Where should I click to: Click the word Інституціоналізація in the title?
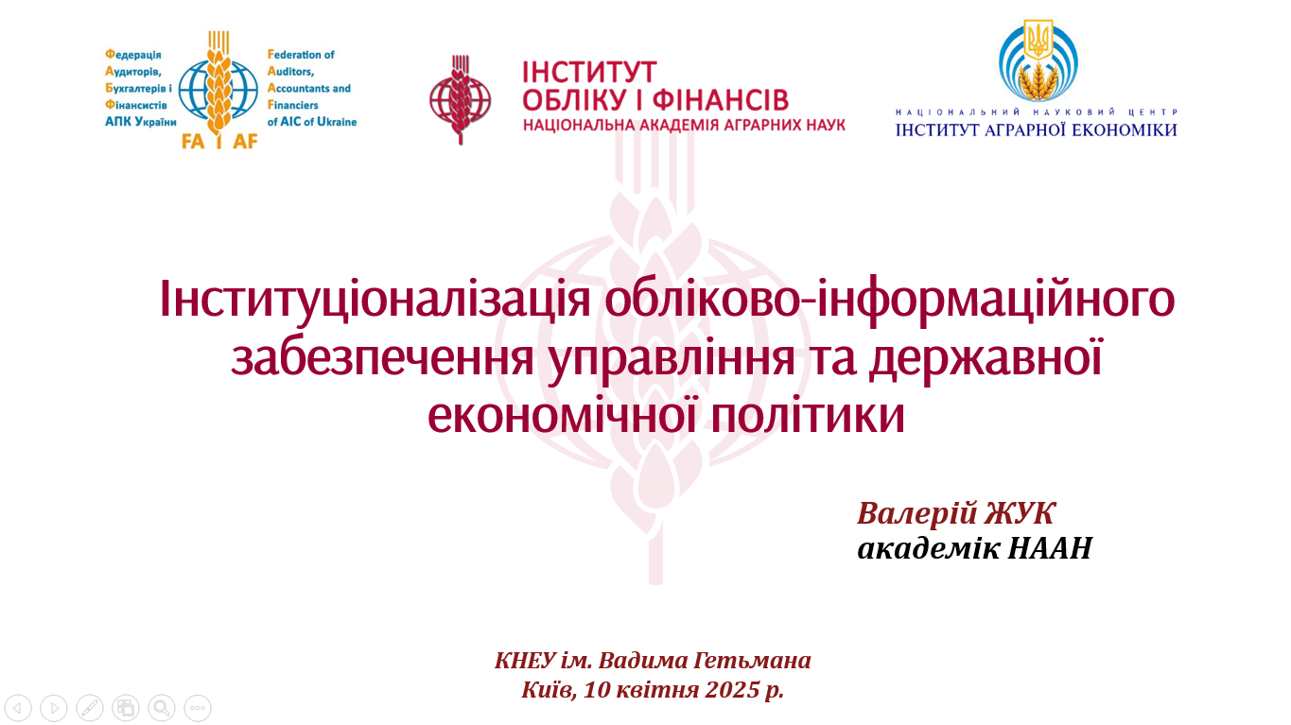pyautogui.click(x=375, y=299)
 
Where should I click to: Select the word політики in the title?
pyautogui.click(x=808, y=415)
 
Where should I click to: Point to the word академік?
pyautogui.click(x=929, y=547)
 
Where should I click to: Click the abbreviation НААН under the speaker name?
pyautogui.click(x=1050, y=547)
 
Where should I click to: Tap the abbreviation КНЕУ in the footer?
pyautogui.click(x=525, y=661)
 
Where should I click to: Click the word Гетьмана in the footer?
pyautogui.click(x=752, y=661)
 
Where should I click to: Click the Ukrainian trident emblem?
pyautogui.click(x=1038, y=40)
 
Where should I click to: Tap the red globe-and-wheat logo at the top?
pyautogui.click(x=460, y=99)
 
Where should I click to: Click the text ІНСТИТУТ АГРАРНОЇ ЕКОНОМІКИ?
pyautogui.click(x=1036, y=129)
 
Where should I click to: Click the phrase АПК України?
pyautogui.click(x=140, y=122)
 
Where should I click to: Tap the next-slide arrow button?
pyautogui.click(x=54, y=708)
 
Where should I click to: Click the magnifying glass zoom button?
pyautogui.click(x=162, y=708)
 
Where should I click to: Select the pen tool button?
pyautogui.click(x=90, y=708)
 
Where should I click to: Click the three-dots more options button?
pyautogui.click(x=198, y=708)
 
